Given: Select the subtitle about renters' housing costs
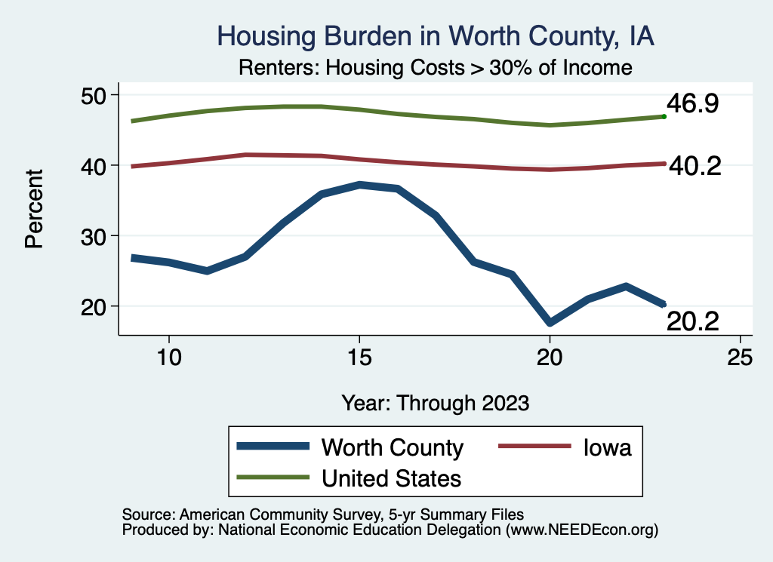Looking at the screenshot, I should [x=435, y=67].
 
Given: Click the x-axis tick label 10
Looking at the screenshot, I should [x=168, y=358].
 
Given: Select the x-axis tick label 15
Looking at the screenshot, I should [x=359, y=358].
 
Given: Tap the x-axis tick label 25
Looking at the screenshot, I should [x=741, y=358].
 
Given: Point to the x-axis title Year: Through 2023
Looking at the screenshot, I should [x=435, y=402].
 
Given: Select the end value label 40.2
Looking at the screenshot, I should [x=695, y=165].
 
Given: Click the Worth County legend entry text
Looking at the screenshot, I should [x=392, y=447].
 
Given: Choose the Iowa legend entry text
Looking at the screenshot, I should [x=606, y=447].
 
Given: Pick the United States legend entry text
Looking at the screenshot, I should [x=391, y=478].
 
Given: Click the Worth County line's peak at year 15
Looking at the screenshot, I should [x=359, y=184].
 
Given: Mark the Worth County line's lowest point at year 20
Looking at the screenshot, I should [x=550, y=323].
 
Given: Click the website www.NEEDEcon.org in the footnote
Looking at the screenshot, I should [x=581, y=530].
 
